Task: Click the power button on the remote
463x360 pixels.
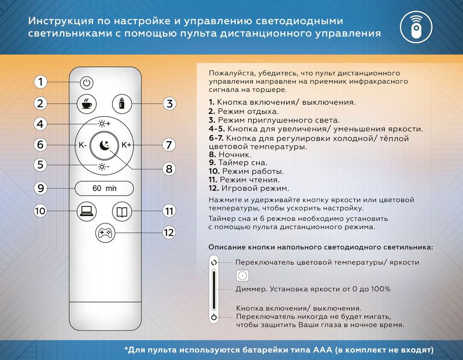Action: (x=87, y=83)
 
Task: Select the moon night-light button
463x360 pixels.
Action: (x=105, y=145)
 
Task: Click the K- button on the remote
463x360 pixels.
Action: (x=83, y=145)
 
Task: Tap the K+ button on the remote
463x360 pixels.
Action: (x=126, y=145)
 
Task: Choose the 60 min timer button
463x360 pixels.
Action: (x=105, y=188)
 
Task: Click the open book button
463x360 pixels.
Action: (x=122, y=212)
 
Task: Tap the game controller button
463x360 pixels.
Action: (x=104, y=232)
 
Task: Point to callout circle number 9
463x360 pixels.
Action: (x=41, y=188)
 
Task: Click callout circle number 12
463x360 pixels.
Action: (x=169, y=232)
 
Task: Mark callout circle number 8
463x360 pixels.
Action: (x=169, y=169)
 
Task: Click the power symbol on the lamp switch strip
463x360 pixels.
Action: (x=213, y=317)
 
